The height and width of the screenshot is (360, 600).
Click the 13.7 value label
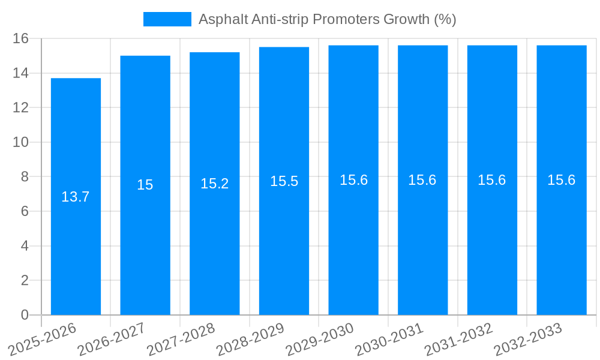[x=76, y=197]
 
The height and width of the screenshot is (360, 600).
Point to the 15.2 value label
[x=215, y=184]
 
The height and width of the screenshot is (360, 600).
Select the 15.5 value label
[x=284, y=181]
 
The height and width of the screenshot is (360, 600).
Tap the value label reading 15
[x=145, y=185]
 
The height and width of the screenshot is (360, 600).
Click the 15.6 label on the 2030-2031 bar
[x=422, y=180]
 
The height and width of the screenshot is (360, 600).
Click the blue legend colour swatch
[x=167, y=19]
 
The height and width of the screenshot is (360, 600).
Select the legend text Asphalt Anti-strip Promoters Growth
[x=327, y=19]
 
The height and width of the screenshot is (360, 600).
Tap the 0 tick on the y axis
[x=25, y=315]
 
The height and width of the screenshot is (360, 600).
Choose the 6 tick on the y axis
[x=25, y=211]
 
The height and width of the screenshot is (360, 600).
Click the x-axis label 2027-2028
[x=181, y=339]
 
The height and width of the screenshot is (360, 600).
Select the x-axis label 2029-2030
[x=319, y=339]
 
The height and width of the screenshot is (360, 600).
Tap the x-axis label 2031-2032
[x=458, y=339]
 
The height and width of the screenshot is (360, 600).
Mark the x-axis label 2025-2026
[x=42, y=339]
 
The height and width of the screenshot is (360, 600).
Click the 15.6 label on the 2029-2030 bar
[x=353, y=180]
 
